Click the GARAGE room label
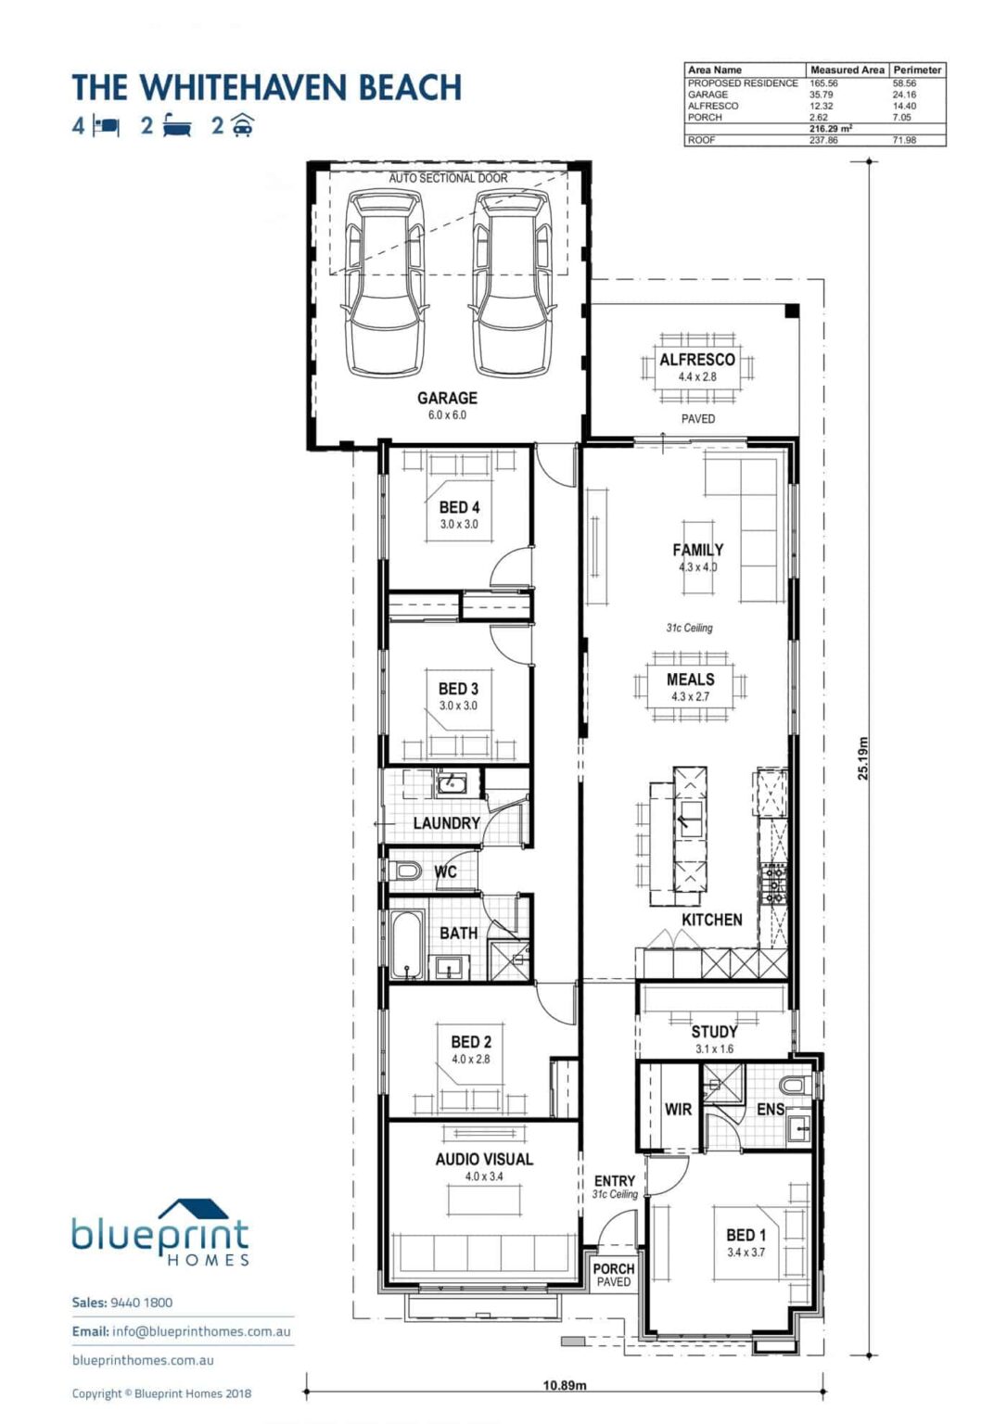tap(447, 398)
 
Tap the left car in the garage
tap(385, 282)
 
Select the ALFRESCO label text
tap(697, 360)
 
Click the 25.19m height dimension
tap(863, 758)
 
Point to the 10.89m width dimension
tap(564, 1385)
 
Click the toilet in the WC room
tap(406, 871)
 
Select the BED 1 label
tap(746, 1235)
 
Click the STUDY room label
tap(714, 1032)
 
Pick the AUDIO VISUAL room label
tap(484, 1159)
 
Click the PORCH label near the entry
tap(613, 1268)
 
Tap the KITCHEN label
tap(711, 920)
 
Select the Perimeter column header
tap(917, 70)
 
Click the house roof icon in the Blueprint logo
tap(193, 1210)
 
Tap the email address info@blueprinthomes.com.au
tap(201, 1331)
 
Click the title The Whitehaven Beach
tap(267, 88)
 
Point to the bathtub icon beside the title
tap(177, 125)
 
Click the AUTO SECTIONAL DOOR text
tap(448, 178)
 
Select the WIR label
tap(678, 1109)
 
